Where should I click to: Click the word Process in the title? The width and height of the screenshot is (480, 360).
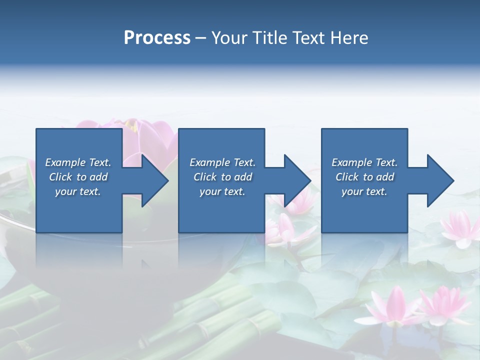[x=157, y=38]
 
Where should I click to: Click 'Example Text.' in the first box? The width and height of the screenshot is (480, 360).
[x=78, y=162]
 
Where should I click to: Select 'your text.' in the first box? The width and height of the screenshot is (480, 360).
[x=78, y=191]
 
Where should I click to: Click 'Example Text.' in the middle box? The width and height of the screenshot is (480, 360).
[x=222, y=162]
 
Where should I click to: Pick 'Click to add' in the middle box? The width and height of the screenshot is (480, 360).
[x=222, y=177]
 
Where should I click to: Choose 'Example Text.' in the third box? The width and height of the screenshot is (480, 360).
[x=364, y=162]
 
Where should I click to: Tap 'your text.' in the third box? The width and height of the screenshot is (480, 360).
[x=364, y=191]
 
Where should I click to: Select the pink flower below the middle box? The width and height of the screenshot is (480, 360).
[x=285, y=227]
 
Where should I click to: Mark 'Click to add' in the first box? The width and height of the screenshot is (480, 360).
[x=78, y=177]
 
